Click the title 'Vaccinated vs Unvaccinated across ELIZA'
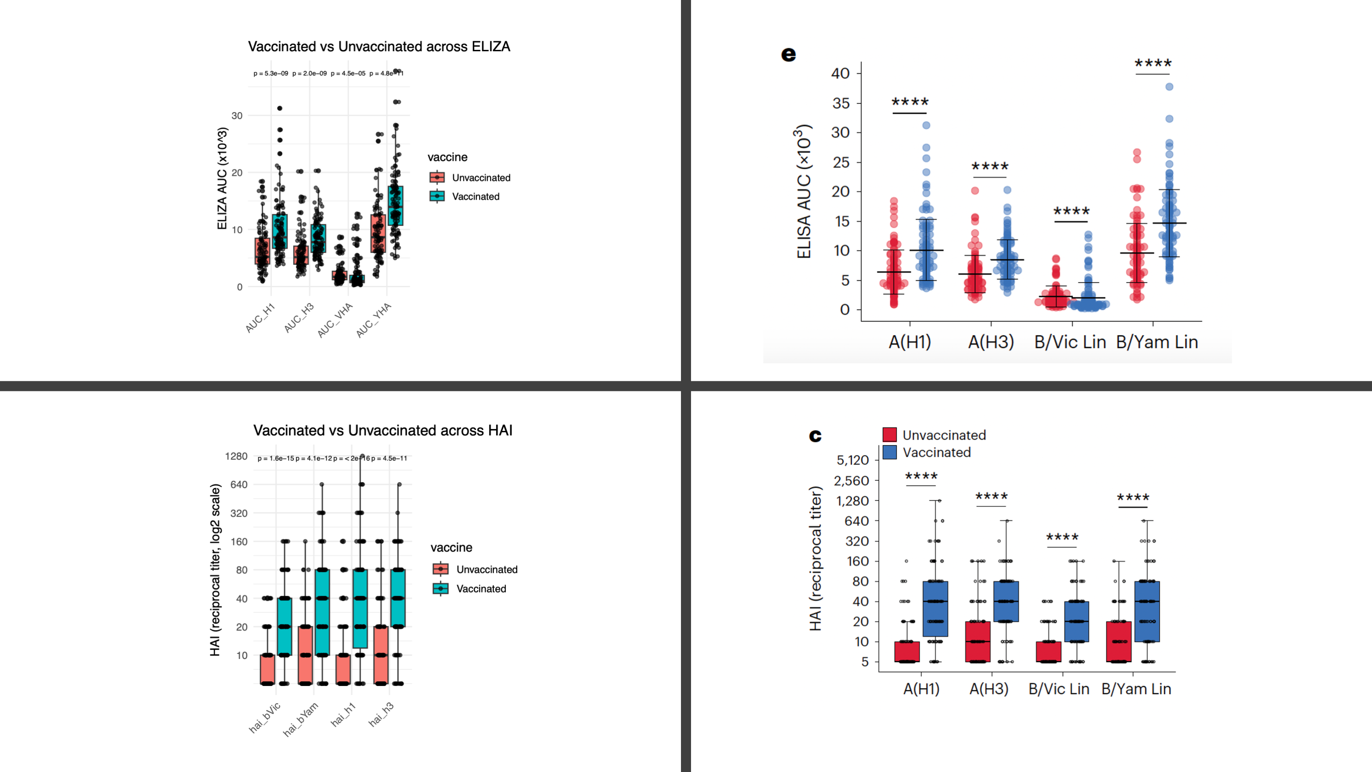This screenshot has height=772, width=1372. [x=378, y=47]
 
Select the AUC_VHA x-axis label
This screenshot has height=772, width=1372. [x=335, y=320]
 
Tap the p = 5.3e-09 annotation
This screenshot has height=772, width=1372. [x=270, y=74]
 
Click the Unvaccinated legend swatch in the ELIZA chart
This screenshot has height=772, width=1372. [x=437, y=177]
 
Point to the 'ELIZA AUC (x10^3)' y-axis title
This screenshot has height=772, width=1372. [x=222, y=179]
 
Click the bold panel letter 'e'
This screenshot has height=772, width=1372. [x=788, y=54]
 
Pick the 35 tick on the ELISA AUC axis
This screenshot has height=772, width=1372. [x=841, y=103]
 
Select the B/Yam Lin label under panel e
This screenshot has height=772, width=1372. [x=1157, y=342]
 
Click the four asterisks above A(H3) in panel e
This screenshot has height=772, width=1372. [x=989, y=167]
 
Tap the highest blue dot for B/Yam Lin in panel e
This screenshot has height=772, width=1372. [x=1169, y=87]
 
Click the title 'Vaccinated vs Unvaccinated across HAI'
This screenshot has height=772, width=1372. [x=383, y=430]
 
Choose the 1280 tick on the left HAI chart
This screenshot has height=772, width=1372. [x=236, y=456]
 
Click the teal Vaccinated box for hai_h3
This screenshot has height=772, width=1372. [x=398, y=598]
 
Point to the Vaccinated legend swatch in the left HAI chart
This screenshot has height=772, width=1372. [x=440, y=589]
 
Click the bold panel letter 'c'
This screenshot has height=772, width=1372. [x=815, y=436]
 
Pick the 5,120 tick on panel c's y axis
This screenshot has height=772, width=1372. [x=852, y=460]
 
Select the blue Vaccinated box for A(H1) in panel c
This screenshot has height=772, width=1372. [x=935, y=609]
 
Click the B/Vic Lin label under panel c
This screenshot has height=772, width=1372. [x=1059, y=690]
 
